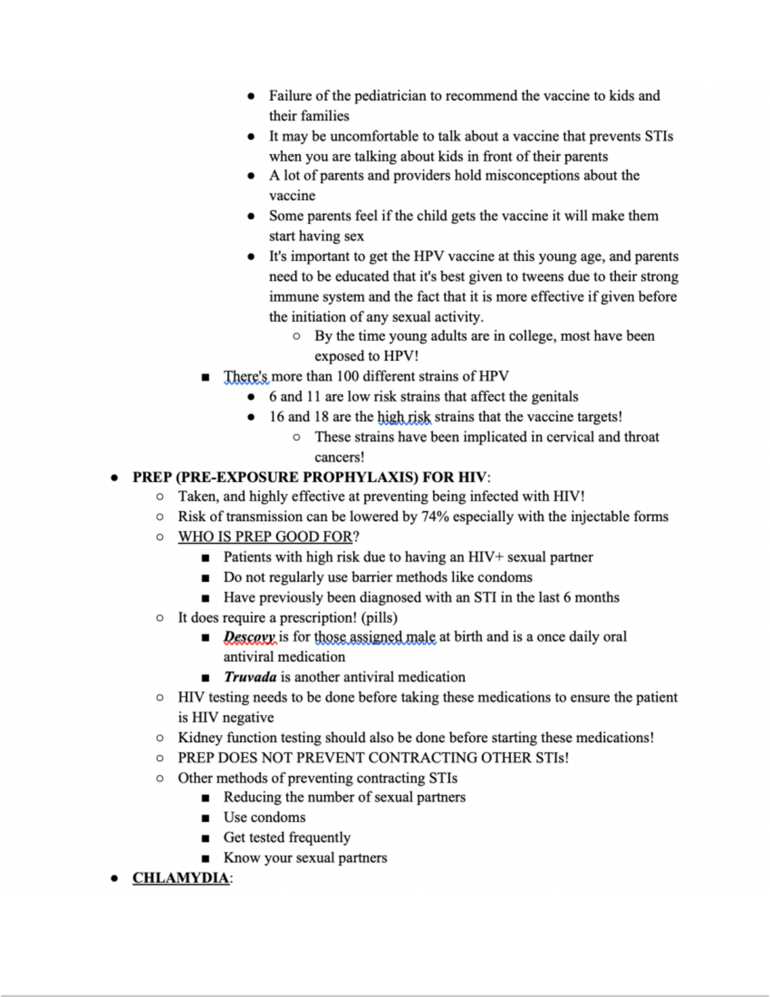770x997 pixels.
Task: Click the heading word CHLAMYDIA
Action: coord(180,878)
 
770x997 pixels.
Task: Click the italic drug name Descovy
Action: coord(249,637)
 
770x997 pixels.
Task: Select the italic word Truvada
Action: coord(250,677)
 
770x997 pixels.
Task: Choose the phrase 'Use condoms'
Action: coord(264,817)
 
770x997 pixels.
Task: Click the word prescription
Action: coord(314,618)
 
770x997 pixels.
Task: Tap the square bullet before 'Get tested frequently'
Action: coord(205,838)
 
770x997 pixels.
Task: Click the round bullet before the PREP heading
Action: coord(114,478)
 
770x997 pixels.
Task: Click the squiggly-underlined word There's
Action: coord(246,376)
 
